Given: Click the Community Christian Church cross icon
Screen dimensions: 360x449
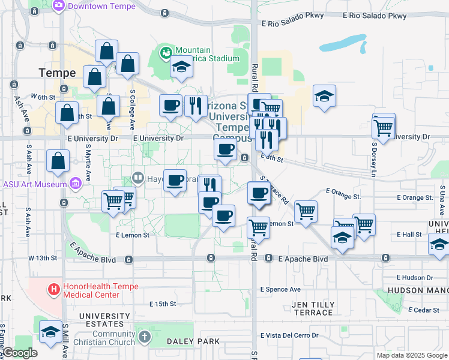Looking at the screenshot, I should (143, 338).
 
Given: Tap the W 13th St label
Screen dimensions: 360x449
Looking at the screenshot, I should (43, 258).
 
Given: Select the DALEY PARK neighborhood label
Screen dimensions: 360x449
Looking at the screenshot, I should (195, 341).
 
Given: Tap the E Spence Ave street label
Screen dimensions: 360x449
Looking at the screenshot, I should (280, 289).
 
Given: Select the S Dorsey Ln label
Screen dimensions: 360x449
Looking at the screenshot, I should (373, 151).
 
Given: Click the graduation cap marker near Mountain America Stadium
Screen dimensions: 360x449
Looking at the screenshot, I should (181, 67).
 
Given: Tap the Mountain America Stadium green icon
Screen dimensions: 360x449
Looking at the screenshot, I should (164, 53).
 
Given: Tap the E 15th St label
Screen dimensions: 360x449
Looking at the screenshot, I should (163, 304).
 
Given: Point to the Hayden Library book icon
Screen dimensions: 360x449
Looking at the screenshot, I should (137, 178).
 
